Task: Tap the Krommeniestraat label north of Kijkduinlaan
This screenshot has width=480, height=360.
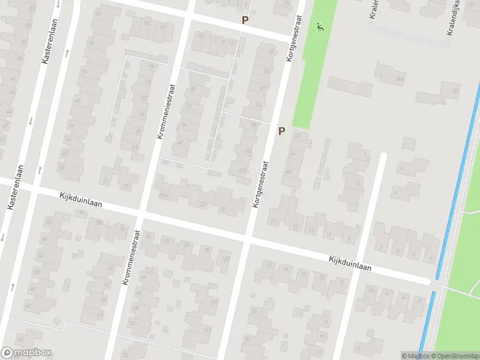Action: click(x=165, y=112)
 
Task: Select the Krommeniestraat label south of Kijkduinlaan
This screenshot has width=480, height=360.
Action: click(x=131, y=257)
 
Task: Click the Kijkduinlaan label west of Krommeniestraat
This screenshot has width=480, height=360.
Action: click(x=80, y=199)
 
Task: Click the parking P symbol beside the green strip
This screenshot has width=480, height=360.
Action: click(x=281, y=131)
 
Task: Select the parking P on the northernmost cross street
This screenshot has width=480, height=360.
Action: click(x=245, y=20)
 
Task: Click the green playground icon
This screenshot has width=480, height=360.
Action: click(x=320, y=27)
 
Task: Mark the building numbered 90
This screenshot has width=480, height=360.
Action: click(x=455, y=91)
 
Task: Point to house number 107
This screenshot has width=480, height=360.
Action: click(x=226, y=259)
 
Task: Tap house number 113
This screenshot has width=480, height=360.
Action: click(x=207, y=331)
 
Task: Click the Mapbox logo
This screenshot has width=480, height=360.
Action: click(x=26, y=353)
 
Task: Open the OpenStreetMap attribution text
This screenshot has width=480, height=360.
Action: click(x=456, y=356)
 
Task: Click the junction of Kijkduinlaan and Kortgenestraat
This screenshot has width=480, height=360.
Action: click(x=248, y=238)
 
